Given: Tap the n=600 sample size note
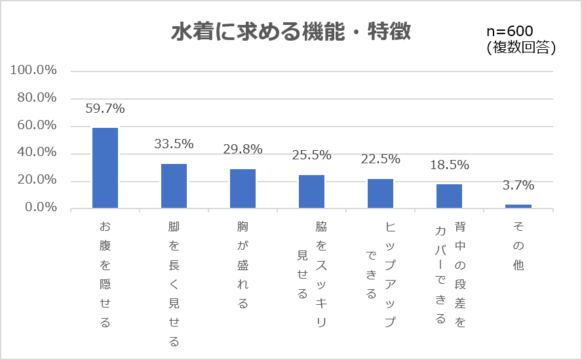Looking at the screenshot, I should pyautogui.click(x=510, y=31).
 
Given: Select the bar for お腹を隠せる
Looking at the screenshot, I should pyautogui.click(x=105, y=168).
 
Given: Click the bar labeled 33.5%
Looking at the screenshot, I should pyautogui.click(x=174, y=186).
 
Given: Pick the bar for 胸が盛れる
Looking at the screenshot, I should pyautogui.click(x=242, y=189).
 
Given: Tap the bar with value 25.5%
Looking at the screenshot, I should pyautogui.click(x=311, y=191).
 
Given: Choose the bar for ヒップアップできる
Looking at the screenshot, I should pyautogui.click(x=380, y=193).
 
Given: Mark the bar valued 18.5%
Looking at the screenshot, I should pyautogui.click(x=449, y=196).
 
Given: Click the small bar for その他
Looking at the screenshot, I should pyautogui.click(x=518, y=206).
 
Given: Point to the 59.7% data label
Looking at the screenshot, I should pyautogui.click(x=105, y=108).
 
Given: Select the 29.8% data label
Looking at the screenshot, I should pyautogui.click(x=242, y=150).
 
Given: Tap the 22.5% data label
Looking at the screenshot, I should pyautogui.click(x=380, y=159).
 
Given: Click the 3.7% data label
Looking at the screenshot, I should pyautogui.click(x=518, y=186).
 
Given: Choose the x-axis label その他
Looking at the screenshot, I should pyautogui.click(x=518, y=246).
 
